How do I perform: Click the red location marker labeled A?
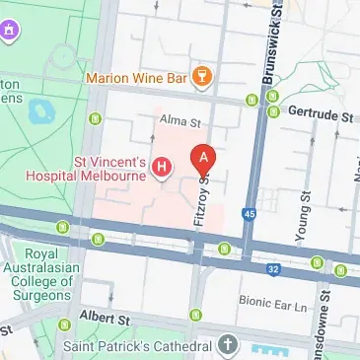click(x=203, y=158)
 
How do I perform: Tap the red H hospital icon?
click(x=163, y=168)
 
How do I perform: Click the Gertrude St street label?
click(x=319, y=115)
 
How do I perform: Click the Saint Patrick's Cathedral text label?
click(x=137, y=346)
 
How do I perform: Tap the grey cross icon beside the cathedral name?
click(x=228, y=345)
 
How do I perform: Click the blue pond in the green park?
click(x=41, y=109)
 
